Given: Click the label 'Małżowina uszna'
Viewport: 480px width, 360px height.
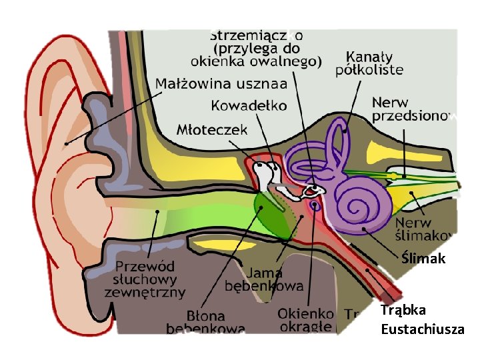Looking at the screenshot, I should click(221, 83).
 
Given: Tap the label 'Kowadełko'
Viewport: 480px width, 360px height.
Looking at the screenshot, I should click(249, 105).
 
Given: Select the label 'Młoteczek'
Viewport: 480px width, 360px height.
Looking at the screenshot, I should click(212, 129).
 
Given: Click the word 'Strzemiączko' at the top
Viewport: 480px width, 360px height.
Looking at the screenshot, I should click(257, 34).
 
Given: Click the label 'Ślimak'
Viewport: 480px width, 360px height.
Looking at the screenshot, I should click(423, 259).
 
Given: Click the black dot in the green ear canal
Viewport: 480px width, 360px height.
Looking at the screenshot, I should click(157, 211).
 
